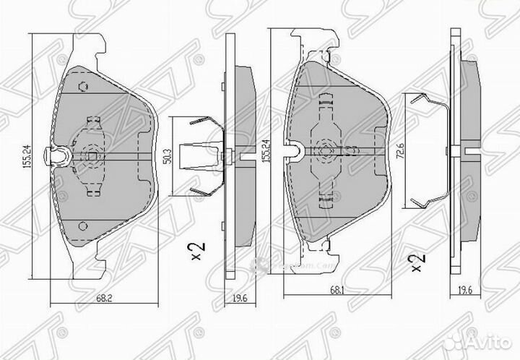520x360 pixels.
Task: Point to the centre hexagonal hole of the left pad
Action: tap(92, 153)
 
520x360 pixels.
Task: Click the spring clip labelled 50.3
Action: tap(199, 153)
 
